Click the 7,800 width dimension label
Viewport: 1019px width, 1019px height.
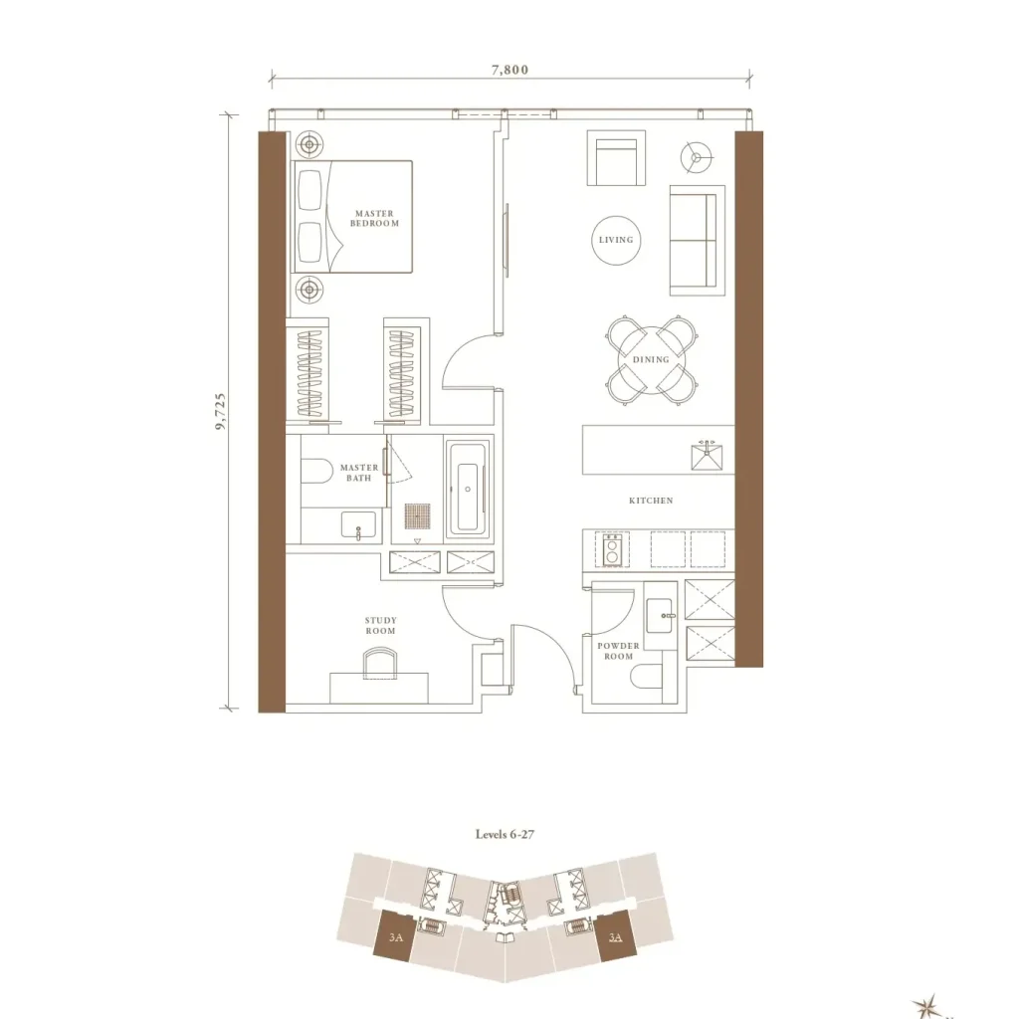[x=510, y=70]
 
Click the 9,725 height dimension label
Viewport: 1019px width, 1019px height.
[x=220, y=411]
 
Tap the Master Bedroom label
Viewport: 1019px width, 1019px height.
[x=374, y=218]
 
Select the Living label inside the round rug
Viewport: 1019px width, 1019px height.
[x=616, y=240]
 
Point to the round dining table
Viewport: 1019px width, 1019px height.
[x=651, y=359]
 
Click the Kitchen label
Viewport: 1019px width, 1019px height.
[x=651, y=501]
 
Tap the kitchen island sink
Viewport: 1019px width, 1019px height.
[x=707, y=455]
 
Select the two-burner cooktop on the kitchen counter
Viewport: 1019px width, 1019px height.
[x=612, y=549]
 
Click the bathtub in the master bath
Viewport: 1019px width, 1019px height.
[x=468, y=489]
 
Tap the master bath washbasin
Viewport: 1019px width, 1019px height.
[x=358, y=525]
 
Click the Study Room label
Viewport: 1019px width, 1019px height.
[x=380, y=626]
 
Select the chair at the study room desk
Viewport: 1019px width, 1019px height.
[x=379, y=663]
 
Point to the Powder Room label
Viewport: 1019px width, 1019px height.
[x=618, y=651]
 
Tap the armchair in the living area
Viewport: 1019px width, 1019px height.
[x=616, y=158]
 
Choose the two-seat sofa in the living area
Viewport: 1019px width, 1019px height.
[x=697, y=241]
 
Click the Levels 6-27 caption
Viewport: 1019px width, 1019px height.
[x=505, y=835]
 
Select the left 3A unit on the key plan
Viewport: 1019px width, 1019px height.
[x=394, y=936]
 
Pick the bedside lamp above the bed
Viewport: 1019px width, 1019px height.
[x=309, y=144]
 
